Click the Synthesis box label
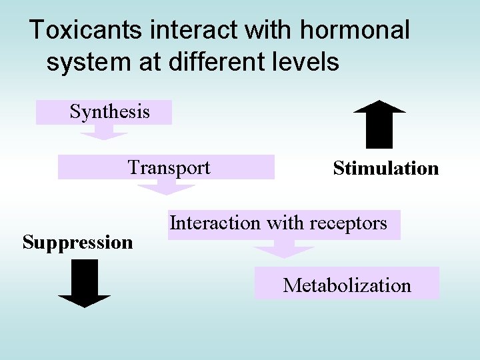tap(109, 111)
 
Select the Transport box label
tap(169, 167)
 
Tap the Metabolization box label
tap(347, 285)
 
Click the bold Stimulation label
tap(386, 168)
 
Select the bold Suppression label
tap(78, 242)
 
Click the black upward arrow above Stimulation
tap(378, 123)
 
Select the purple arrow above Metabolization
tap(284, 251)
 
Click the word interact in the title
tap(191, 30)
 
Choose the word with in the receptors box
tap(282, 223)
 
